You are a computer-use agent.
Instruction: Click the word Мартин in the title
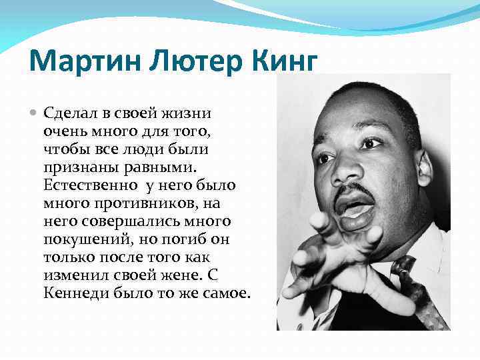tap(78, 63)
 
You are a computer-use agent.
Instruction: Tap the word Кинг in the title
tap(280, 64)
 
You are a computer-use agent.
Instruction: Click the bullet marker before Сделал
tap(35, 114)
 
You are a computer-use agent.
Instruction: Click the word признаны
tap(74, 163)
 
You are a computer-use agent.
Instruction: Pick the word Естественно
tap(86, 183)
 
